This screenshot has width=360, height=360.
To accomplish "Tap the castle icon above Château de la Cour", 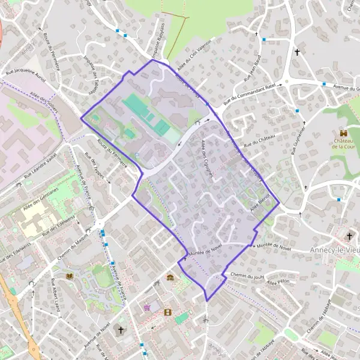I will tap(343, 133).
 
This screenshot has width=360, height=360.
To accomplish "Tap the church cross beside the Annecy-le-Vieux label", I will tap(350, 236).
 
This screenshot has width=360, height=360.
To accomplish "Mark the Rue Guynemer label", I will tap(298, 139).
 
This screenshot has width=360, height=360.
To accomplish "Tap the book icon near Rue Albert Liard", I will tap(70, 275).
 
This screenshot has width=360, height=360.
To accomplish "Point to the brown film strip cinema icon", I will tap(167, 312).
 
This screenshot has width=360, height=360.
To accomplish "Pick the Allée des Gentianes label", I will tap(40, 198).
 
